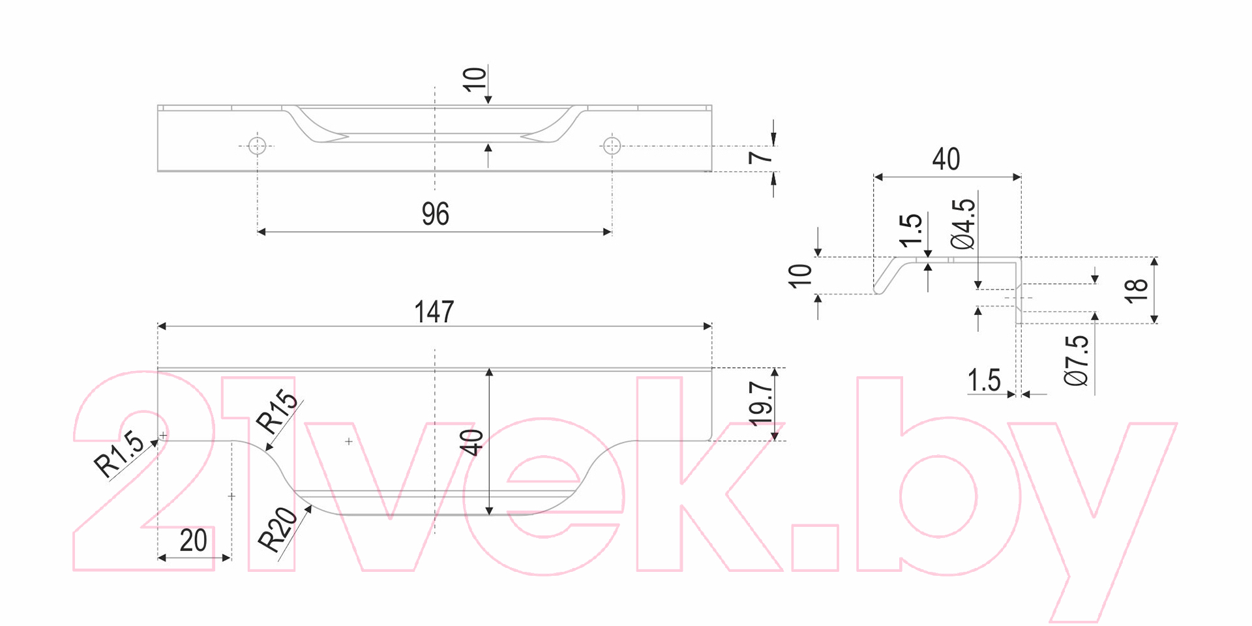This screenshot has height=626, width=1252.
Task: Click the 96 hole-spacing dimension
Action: [x=436, y=214]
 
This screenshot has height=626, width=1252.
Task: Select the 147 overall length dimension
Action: [x=434, y=312]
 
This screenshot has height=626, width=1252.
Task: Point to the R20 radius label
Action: [x=278, y=529]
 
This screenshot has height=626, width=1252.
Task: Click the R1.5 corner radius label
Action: [x=119, y=454]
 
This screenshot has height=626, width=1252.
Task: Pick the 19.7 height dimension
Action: [x=761, y=404]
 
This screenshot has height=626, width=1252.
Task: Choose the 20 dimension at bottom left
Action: [x=194, y=541]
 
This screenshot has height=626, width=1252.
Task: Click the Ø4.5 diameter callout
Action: [x=963, y=224]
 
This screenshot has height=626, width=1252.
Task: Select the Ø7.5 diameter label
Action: [x=1077, y=361]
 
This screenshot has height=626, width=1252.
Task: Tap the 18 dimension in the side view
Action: [x=1136, y=290]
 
